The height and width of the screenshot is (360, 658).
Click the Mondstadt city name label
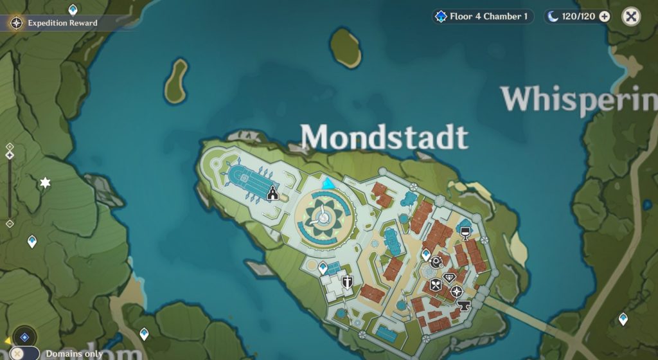click(384, 137)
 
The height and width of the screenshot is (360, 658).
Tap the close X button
click(631, 17)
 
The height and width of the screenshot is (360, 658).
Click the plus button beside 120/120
click(605, 17)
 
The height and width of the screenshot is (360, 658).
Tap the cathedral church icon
click(272, 192)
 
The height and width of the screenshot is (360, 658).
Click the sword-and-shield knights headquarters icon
click(348, 282)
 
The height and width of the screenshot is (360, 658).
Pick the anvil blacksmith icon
click(463, 305)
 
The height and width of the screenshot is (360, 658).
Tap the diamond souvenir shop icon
click(449, 278)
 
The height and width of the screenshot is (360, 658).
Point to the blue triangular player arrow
click(328, 184)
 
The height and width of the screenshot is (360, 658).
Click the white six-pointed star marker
click(45, 184)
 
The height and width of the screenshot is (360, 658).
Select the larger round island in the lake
click(346, 47)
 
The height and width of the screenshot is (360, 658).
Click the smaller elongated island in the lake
click(175, 81)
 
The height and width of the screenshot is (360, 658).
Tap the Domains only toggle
click(17, 354)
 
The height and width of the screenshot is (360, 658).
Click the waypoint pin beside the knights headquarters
click(323, 267)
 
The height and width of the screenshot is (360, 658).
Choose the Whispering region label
click(579, 100)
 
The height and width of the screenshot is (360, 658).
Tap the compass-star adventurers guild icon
click(457, 292)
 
